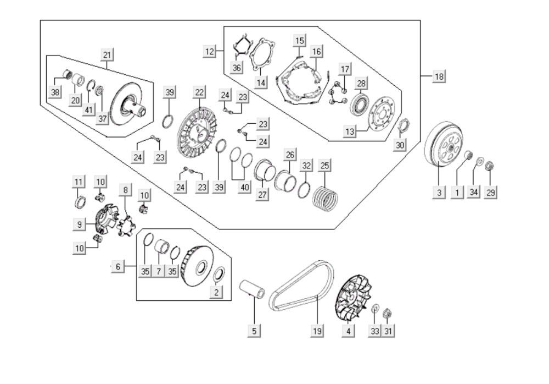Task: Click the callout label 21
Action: (x=107, y=54)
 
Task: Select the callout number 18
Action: (x=439, y=76)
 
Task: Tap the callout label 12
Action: (x=210, y=52)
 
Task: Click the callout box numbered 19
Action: (x=317, y=331)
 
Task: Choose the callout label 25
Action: (x=324, y=164)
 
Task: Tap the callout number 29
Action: (x=491, y=193)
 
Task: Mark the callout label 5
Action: (x=254, y=331)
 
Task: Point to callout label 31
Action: (x=389, y=331)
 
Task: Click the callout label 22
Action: (x=199, y=91)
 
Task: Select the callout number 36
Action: (x=236, y=68)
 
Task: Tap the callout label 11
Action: (x=80, y=182)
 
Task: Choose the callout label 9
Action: (x=80, y=224)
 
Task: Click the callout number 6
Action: (x=117, y=267)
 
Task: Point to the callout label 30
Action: (x=400, y=145)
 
